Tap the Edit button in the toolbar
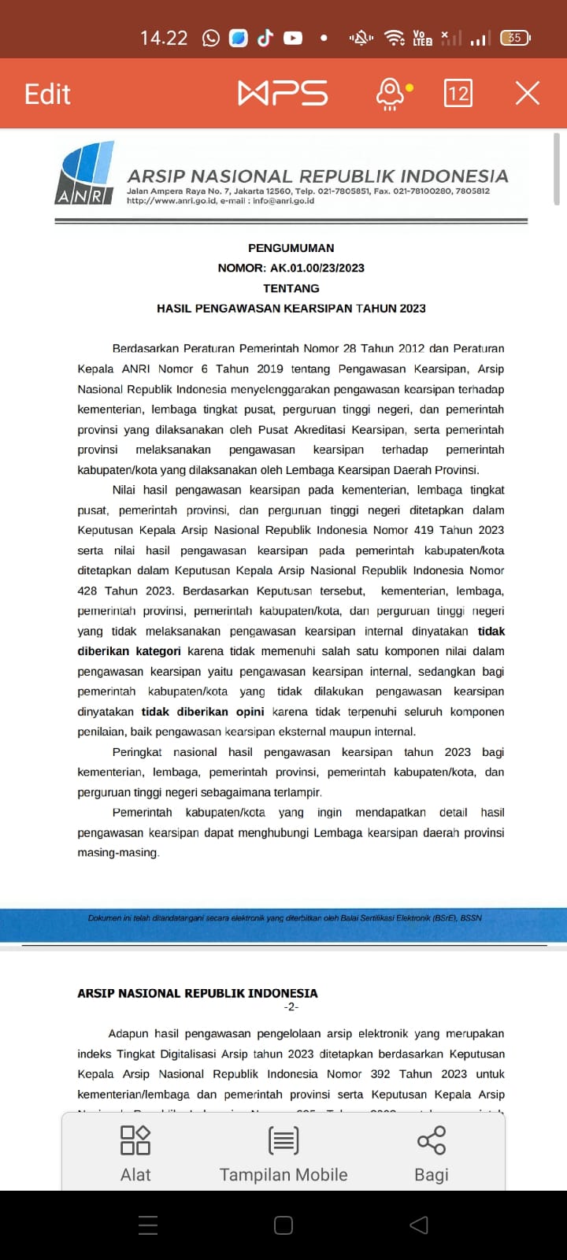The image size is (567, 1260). tap(47, 94)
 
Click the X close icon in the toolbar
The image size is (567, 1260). tap(527, 93)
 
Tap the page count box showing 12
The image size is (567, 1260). tap(458, 93)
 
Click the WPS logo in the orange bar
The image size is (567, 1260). tap(283, 93)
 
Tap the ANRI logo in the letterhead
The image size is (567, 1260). tap(85, 174)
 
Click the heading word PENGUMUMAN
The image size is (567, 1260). tap(291, 248)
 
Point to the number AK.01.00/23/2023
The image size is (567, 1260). tap(317, 268)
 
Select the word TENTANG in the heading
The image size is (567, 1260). tap(291, 288)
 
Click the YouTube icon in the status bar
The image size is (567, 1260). tap(293, 38)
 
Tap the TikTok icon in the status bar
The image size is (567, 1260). tap(265, 38)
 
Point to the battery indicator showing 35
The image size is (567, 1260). tap(515, 38)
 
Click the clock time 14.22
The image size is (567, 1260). tap(164, 38)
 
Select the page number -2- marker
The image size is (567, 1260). tap(291, 1007)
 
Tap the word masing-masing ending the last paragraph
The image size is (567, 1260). tap(118, 853)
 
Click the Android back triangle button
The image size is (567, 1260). tap(419, 1225)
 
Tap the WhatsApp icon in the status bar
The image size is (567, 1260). tap(211, 38)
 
